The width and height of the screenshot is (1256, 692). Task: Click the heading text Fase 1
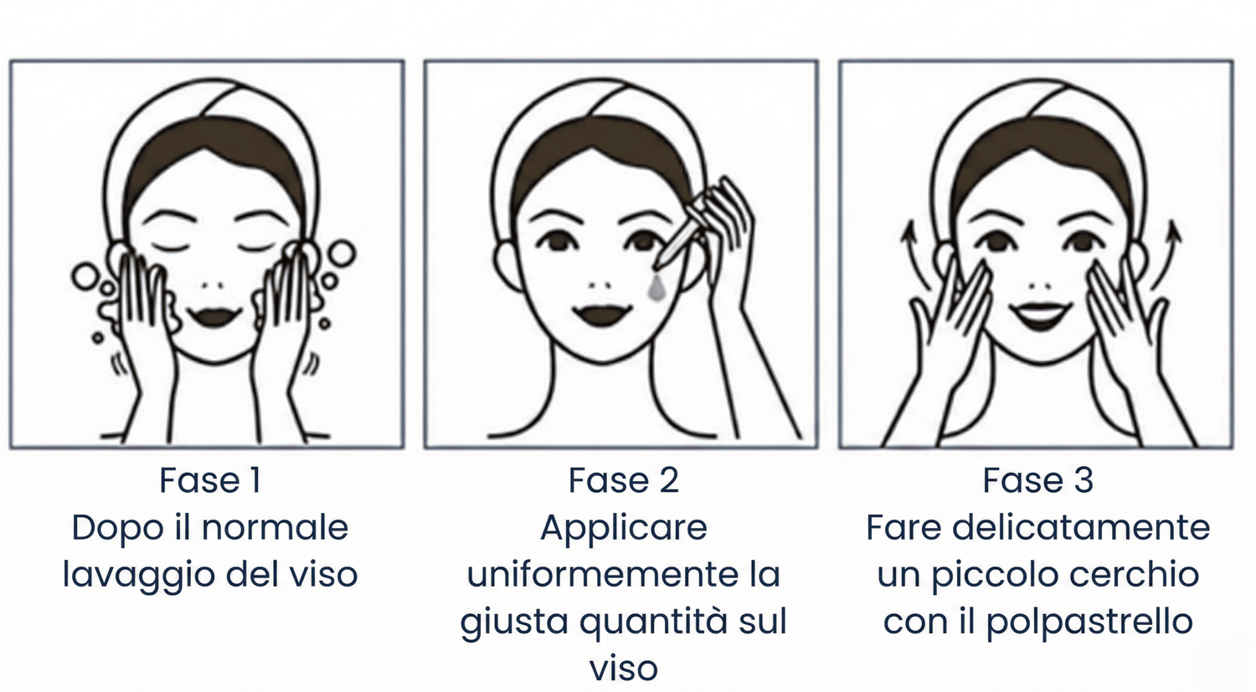point(210,480)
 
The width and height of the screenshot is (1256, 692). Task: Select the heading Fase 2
point(624,480)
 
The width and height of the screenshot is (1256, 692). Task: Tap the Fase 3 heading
point(1038,480)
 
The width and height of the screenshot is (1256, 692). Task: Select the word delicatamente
point(1081,527)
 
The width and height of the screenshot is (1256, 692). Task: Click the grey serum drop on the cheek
point(656,288)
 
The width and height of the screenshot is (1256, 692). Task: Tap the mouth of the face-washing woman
point(214,316)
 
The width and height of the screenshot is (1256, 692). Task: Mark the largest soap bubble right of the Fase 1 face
point(342,254)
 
